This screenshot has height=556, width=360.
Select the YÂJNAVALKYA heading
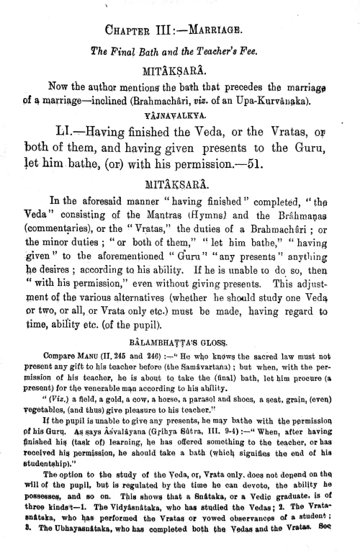179,112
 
